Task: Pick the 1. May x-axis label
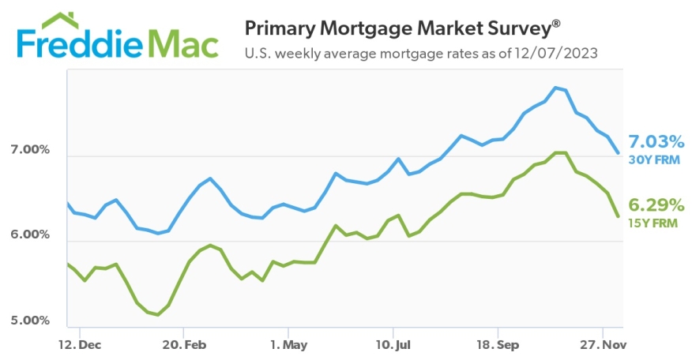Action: (x=288, y=345)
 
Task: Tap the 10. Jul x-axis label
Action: (x=393, y=345)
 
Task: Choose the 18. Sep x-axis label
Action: (x=498, y=345)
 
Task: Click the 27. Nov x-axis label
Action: (x=603, y=345)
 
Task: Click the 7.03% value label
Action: (x=656, y=142)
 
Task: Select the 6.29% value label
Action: (x=656, y=205)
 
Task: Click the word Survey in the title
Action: (x=513, y=28)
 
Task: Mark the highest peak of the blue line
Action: (x=557, y=88)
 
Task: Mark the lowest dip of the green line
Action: (x=157, y=315)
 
